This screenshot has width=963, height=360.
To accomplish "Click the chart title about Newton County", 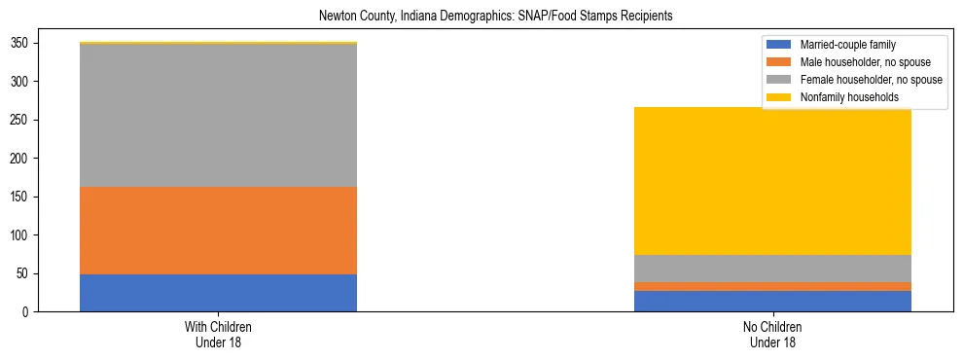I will click(496, 17).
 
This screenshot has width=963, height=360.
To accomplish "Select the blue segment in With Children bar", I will click(218, 293).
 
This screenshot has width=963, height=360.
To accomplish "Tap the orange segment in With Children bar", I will click(218, 231).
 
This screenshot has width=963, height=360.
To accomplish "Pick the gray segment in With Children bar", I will click(218, 115).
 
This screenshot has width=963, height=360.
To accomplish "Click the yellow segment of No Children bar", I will click(772, 181).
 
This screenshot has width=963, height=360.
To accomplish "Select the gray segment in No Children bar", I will click(772, 269).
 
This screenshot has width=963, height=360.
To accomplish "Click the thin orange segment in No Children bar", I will click(772, 286).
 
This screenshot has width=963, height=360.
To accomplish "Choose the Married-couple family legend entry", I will click(847, 45).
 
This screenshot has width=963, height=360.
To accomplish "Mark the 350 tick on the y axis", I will click(25, 44).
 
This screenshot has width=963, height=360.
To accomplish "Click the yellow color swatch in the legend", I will click(780, 97).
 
